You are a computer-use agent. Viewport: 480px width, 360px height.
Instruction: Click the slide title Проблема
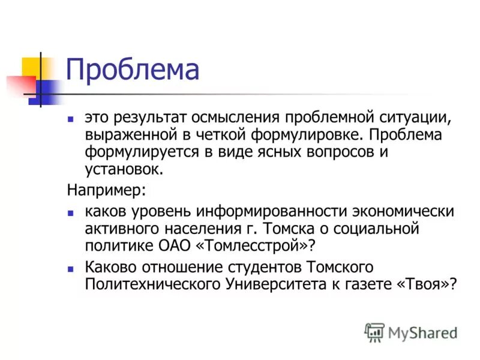point(132,70)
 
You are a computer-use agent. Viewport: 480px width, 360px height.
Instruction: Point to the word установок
point(124,169)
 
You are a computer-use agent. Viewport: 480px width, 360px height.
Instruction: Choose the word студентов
point(261,266)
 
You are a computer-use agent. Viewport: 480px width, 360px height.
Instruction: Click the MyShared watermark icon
point(375,332)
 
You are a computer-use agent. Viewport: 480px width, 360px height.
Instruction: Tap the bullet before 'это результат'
point(70,118)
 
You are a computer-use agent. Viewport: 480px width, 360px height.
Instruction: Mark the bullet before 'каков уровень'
point(70,212)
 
